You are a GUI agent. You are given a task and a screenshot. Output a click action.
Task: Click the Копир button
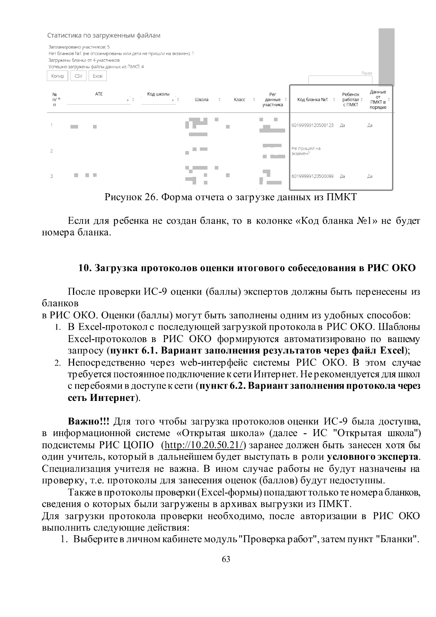[57, 76]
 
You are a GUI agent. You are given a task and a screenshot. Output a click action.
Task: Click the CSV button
[78, 76]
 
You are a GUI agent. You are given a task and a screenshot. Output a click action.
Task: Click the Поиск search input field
[340, 80]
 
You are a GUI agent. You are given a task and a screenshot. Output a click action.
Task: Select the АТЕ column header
[99, 94]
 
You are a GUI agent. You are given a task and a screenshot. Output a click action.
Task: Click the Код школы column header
[158, 94]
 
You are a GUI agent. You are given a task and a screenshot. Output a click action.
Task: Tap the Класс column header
[239, 100]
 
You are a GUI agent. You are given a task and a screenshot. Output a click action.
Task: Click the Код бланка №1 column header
[312, 100]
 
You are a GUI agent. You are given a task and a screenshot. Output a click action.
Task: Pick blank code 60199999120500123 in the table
[312, 125]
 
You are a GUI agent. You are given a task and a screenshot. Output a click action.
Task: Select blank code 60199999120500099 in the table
[312, 176]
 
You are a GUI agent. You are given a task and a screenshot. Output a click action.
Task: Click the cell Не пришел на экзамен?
[306, 151]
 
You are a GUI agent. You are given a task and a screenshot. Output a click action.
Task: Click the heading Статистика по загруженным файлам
[104, 36]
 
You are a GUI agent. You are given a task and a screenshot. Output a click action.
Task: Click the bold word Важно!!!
[89, 422]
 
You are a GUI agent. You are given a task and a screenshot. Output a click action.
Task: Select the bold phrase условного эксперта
[373, 456]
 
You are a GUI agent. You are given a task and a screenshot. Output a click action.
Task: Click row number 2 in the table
[52, 151]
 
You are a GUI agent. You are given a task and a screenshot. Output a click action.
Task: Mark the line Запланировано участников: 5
[79, 47]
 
